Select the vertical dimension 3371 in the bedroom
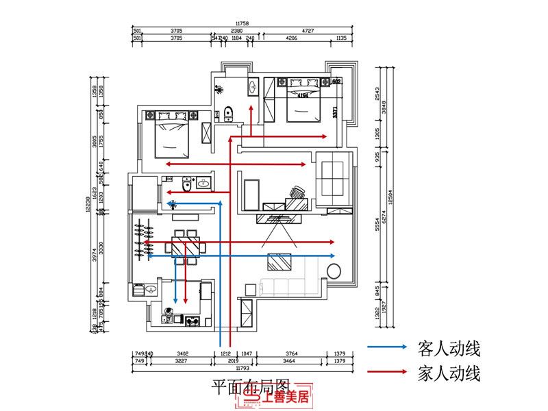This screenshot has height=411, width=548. [336, 112]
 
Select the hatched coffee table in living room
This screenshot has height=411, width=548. [278, 262]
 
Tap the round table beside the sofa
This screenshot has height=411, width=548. [335, 271]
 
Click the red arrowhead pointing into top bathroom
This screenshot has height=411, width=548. [251, 108]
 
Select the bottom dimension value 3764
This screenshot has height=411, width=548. [292, 353]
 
